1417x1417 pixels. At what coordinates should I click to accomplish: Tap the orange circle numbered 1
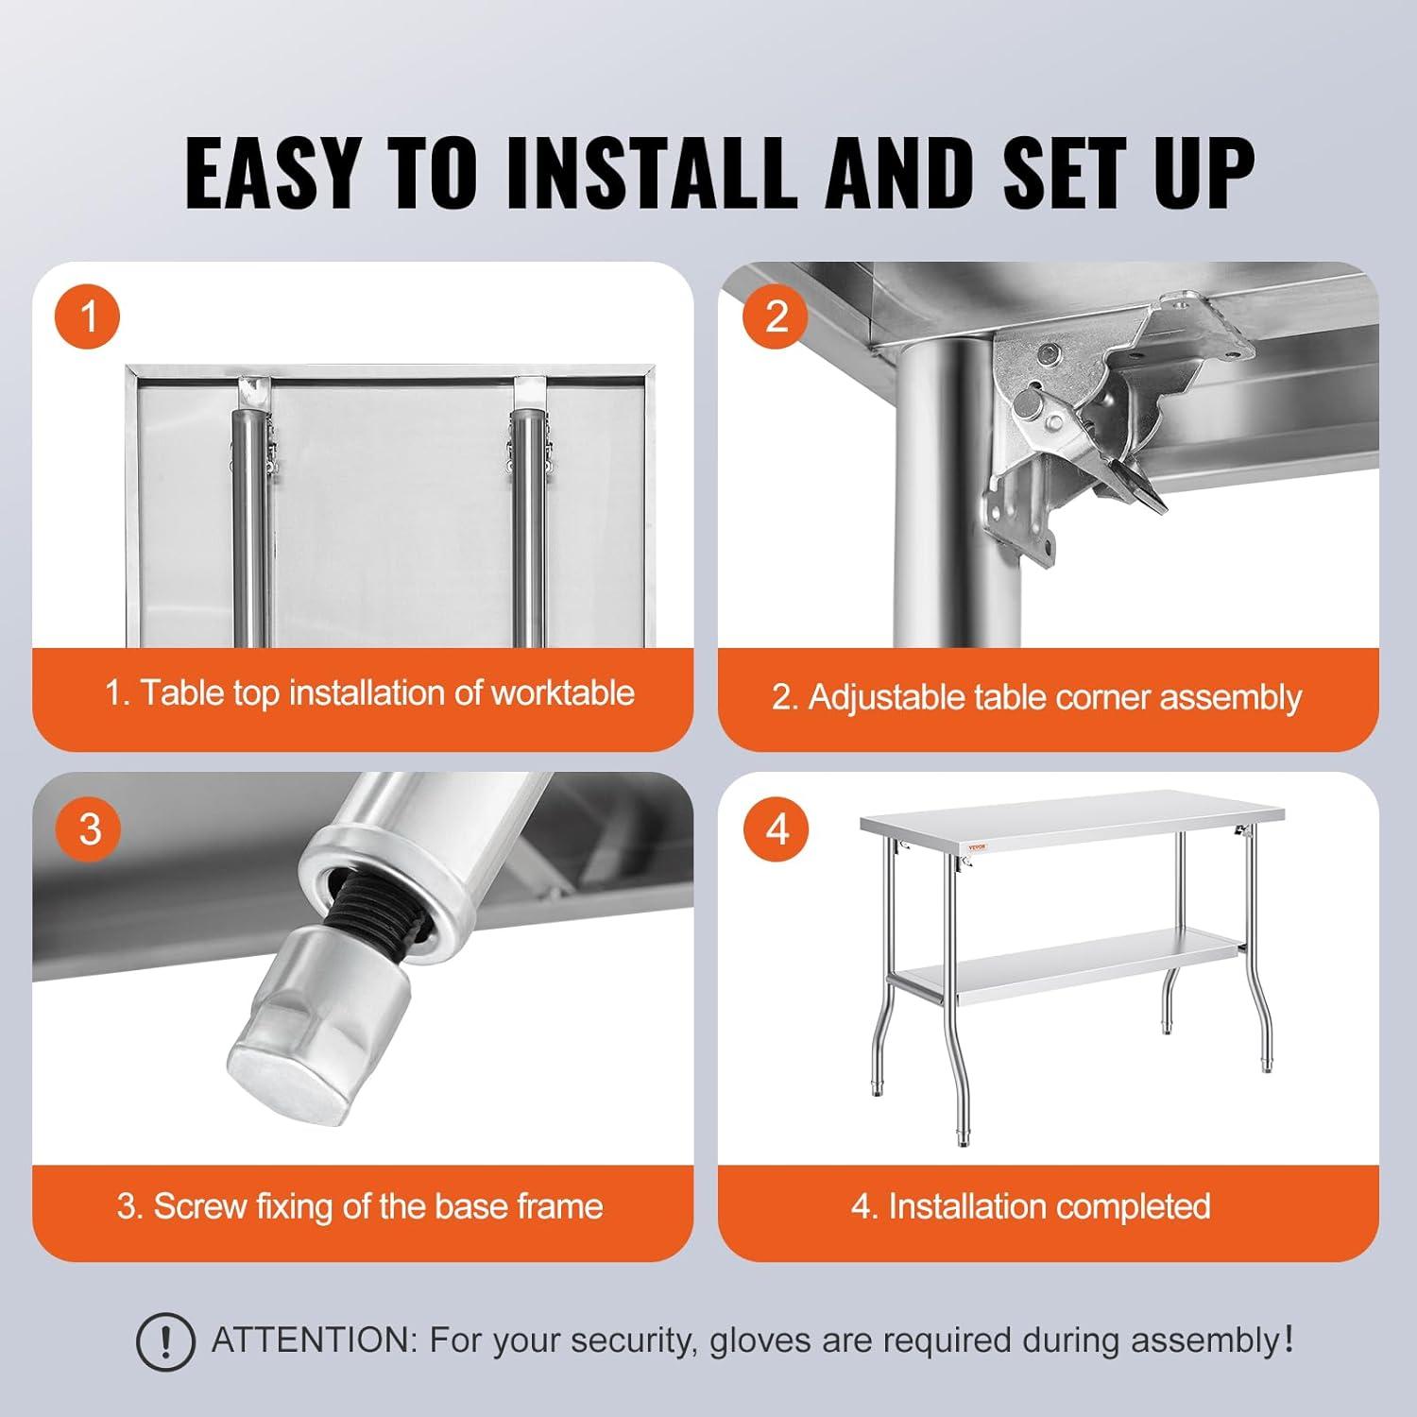[90, 316]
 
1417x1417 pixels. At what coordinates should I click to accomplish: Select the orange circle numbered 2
[776, 316]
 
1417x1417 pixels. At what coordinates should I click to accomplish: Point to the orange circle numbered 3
[90, 828]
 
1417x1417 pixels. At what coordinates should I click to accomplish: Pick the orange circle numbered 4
[776, 828]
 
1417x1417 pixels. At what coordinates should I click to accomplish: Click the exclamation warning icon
[165, 1340]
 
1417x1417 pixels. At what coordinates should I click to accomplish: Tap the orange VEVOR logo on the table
[974, 846]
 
